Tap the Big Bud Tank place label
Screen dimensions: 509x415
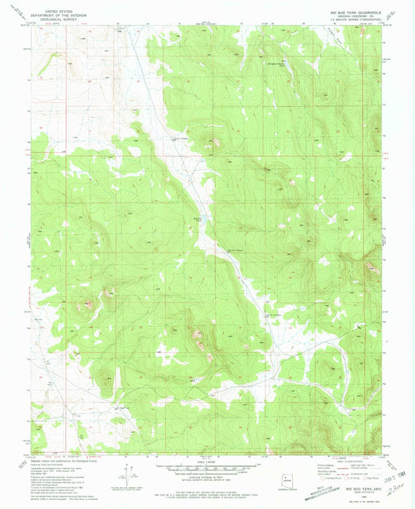pyautogui.click(x=197, y=219)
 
